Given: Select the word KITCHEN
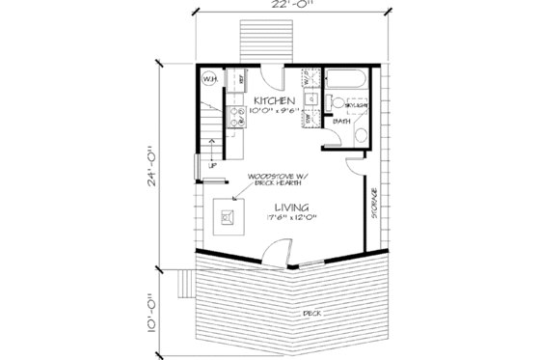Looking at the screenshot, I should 274,100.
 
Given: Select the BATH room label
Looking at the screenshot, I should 341,123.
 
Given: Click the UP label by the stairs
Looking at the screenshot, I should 211,166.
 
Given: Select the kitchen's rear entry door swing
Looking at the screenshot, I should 273,79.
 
